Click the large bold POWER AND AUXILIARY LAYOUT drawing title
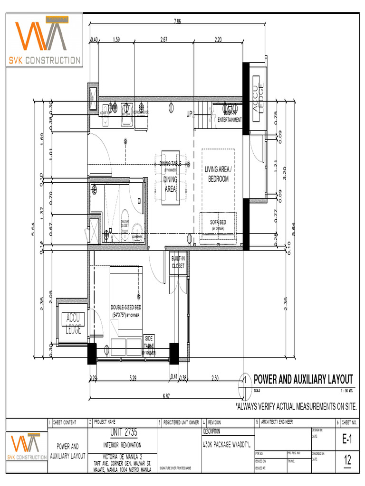[x=303, y=379]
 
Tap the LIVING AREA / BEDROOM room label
[x=217, y=174]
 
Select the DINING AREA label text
[x=170, y=184]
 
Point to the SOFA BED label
[x=218, y=222]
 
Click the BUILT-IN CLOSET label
[x=178, y=262]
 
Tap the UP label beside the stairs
[x=189, y=114]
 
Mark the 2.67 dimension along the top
[x=164, y=40]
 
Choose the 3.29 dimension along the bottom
[x=134, y=378]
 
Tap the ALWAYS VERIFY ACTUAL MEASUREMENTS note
[x=296, y=407]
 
